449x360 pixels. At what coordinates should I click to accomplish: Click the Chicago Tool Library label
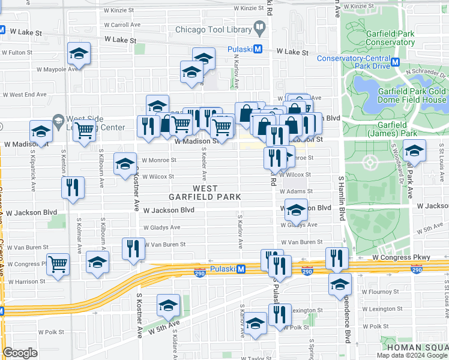tap(213, 30)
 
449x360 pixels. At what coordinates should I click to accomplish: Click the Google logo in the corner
tap(20, 353)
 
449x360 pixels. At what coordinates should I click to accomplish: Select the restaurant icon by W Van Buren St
tap(133, 249)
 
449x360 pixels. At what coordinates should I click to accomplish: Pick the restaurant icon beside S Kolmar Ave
tap(73, 188)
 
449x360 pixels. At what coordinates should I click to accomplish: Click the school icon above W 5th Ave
tap(168, 305)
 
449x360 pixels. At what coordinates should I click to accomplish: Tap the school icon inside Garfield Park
tap(414, 151)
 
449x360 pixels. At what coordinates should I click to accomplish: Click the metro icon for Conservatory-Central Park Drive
tap(395, 62)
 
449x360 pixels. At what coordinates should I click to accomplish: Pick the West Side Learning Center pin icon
tap(58, 121)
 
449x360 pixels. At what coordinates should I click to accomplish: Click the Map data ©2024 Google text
tap(411, 355)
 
